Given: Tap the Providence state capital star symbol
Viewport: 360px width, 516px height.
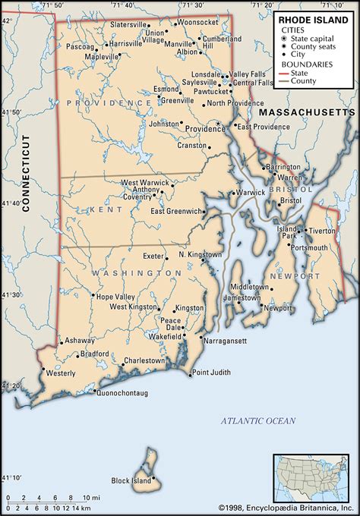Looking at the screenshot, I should point(218,124).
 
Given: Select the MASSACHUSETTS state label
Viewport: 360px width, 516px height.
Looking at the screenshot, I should point(307,112).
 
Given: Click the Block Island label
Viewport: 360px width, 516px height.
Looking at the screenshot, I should point(131,481).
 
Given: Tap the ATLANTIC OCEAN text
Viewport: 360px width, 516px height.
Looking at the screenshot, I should point(257,420).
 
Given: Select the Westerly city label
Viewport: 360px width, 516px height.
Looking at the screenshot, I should point(61,374).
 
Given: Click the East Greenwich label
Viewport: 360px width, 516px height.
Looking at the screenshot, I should point(177,211).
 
